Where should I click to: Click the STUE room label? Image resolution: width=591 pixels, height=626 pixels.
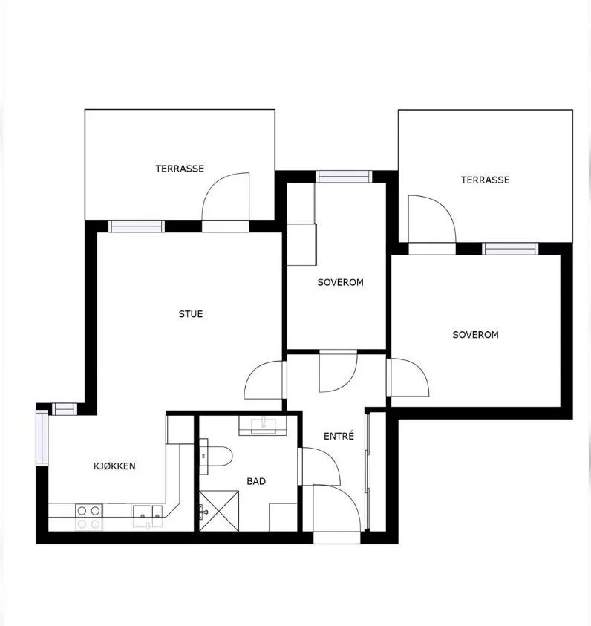coord(191,314)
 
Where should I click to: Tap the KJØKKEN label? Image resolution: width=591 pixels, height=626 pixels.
coord(114,466)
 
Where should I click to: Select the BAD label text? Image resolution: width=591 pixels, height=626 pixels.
coord(256,481)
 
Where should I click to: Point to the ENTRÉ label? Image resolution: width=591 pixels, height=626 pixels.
coord(339,436)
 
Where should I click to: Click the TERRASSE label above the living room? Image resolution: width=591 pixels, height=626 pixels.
coord(180,169)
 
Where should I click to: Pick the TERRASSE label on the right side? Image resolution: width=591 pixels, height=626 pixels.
coord(486,180)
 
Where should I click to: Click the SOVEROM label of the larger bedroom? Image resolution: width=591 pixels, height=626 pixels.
coord(476,335)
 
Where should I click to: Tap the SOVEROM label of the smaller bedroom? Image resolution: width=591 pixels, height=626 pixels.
coord(340,282)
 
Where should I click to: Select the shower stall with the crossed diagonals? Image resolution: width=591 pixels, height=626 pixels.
coord(219,511)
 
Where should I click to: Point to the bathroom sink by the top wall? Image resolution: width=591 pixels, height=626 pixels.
coord(264,425)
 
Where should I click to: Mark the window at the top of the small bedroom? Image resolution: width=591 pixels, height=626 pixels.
coord(344,177)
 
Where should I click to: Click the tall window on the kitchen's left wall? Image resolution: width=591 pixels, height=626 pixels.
coord(42,437)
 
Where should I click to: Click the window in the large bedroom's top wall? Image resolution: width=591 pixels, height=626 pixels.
coord(510,249)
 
